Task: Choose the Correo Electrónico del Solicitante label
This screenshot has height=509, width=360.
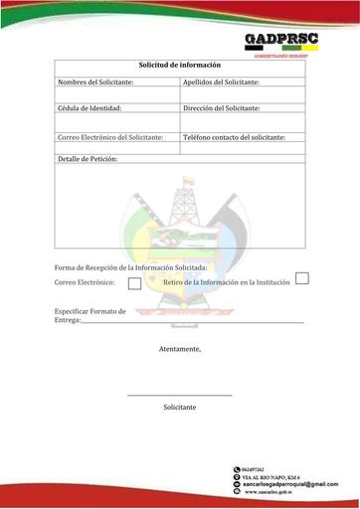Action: pyautogui.click(x=110, y=136)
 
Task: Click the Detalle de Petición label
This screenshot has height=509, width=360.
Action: pyautogui.click(x=88, y=159)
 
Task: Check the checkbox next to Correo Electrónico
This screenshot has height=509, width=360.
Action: pyautogui.click(x=134, y=283)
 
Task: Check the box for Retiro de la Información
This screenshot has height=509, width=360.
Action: pyautogui.click(x=302, y=278)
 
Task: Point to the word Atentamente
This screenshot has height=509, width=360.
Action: pyautogui.click(x=180, y=349)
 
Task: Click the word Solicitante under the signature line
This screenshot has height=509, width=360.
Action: pyautogui.click(x=180, y=408)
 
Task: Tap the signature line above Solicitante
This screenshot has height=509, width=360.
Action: pyautogui.click(x=180, y=397)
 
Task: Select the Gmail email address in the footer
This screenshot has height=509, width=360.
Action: pyautogui.click(x=290, y=484)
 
